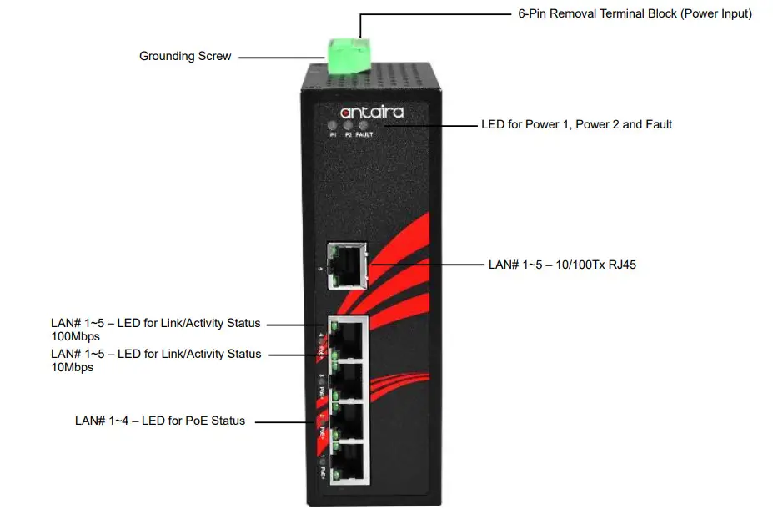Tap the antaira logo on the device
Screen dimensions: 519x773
pyautogui.click(x=372, y=111)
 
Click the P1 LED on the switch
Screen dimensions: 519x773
pyautogui.click(x=334, y=126)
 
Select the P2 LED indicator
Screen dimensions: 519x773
pyautogui.click(x=349, y=126)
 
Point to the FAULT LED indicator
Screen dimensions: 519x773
pyautogui.click(x=364, y=126)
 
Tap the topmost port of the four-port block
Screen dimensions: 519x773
pyautogui.click(x=350, y=339)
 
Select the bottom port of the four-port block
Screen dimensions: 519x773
pyautogui.click(x=350, y=461)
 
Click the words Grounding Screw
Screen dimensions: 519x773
pyautogui.click(x=185, y=57)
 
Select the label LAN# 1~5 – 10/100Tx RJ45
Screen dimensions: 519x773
pyautogui.click(x=563, y=265)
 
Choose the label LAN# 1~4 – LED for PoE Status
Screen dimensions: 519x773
pyautogui.click(x=160, y=421)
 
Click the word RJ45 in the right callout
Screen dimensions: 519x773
pyautogui.click(x=623, y=265)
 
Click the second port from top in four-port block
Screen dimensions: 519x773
pyautogui.click(x=350, y=380)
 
